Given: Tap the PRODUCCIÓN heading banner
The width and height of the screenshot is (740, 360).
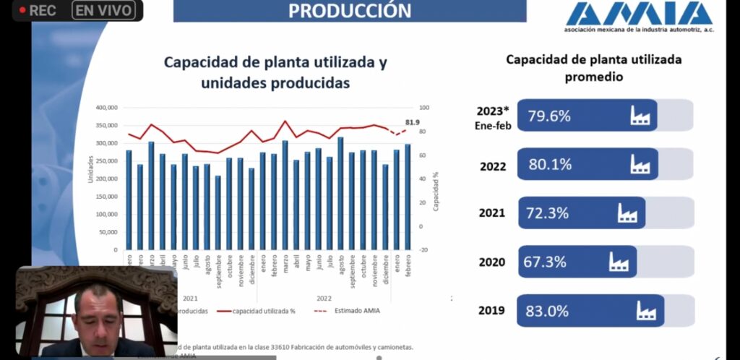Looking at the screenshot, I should click(x=350, y=11).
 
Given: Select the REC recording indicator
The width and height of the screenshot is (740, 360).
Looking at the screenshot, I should click(x=38, y=11).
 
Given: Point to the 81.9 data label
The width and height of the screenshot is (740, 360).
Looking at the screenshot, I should click(x=413, y=122).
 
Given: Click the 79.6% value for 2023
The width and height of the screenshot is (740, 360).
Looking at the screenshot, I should click(x=549, y=116).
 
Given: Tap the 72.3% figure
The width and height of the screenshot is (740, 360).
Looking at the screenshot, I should click(x=548, y=213).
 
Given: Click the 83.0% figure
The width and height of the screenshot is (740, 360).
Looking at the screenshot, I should click(x=548, y=311).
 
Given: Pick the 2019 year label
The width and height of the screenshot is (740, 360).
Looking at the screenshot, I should click(x=492, y=312).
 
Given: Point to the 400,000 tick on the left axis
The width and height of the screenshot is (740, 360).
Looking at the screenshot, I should click(x=106, y=108).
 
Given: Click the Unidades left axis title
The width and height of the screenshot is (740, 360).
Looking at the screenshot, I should click(x=91, y=168).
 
